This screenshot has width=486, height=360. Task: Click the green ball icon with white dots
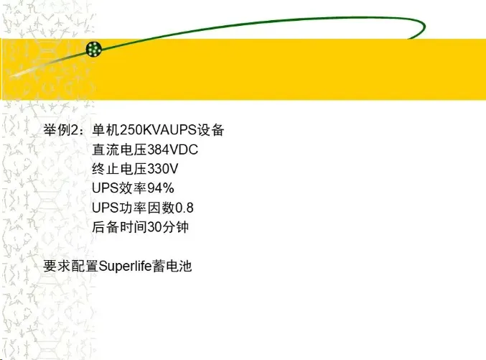94,49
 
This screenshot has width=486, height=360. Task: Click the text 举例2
63,131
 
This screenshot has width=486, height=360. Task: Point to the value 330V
162,170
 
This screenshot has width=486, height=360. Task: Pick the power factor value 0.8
184,208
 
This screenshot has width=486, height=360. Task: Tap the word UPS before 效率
105,189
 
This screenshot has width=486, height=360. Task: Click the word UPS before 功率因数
105,208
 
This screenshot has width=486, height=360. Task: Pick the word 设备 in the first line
213,131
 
